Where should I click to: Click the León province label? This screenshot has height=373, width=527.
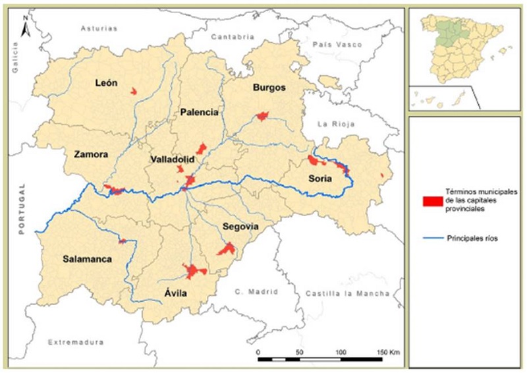105,83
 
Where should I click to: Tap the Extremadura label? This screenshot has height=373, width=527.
76,343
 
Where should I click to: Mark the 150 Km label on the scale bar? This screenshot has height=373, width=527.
389,353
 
